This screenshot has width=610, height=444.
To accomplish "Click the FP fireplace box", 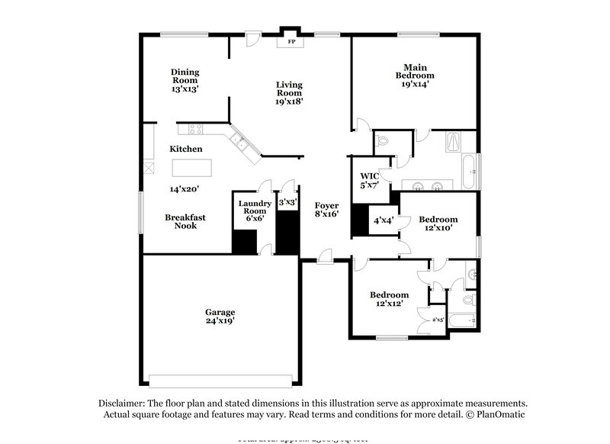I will pyautogui.click(x=291, y=42).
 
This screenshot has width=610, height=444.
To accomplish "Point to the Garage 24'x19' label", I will pyautogui.click(x=220, y=317).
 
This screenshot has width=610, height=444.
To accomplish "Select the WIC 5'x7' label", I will pyautogui.click(x=369, y=180).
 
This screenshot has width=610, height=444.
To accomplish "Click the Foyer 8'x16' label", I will pyautogui.click(x=326, y=210).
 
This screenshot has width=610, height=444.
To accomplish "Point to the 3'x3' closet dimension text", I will pyautogui.click(x=287, y=203).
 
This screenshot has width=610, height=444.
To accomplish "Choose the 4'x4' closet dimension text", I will pyautogui.click(x=382, y=222).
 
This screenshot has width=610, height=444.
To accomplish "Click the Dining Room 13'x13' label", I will pyautogui.click(x=185, y=79).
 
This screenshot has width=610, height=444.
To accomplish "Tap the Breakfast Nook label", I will pyautogui.click(x=185, y=221).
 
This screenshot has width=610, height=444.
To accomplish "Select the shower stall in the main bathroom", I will pyautogui.click(x=453, y=142).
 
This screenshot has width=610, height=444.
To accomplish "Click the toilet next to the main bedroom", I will pyautogui.click(x=384, y=142).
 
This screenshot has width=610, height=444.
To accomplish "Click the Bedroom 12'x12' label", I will pyautogui.click(x=389, y=299).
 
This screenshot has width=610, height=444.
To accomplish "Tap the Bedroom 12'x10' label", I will pyautogui.click(x=438, y=223).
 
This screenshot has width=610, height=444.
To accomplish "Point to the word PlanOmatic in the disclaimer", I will pyautogui.click(x=500, y=414).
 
